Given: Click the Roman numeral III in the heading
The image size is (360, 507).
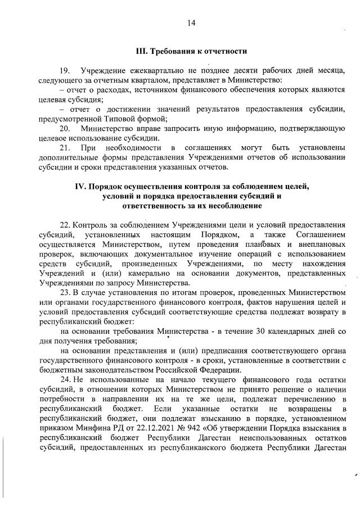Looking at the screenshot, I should click(142, 51).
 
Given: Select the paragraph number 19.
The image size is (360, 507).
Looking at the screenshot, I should click(64, 71).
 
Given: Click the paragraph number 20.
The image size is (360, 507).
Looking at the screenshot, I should click(64, 129).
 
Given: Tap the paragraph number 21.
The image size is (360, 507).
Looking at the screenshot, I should click(64, 148).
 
